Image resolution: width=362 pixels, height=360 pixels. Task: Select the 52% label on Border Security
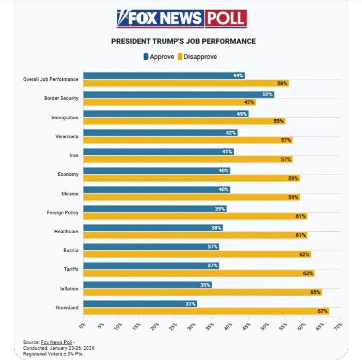pos(267,95)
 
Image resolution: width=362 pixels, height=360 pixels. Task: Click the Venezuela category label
pos(67,136)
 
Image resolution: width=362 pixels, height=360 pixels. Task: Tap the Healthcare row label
pos(66,231)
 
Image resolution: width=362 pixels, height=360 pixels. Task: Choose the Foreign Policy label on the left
pos(62,213)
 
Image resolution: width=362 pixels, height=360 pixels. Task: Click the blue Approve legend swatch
pos(146,57)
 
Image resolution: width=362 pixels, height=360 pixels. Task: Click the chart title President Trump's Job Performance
pos(183,41)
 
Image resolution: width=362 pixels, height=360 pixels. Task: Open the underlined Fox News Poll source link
pos(56,342)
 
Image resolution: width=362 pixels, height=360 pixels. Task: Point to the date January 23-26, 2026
pos(72,348)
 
